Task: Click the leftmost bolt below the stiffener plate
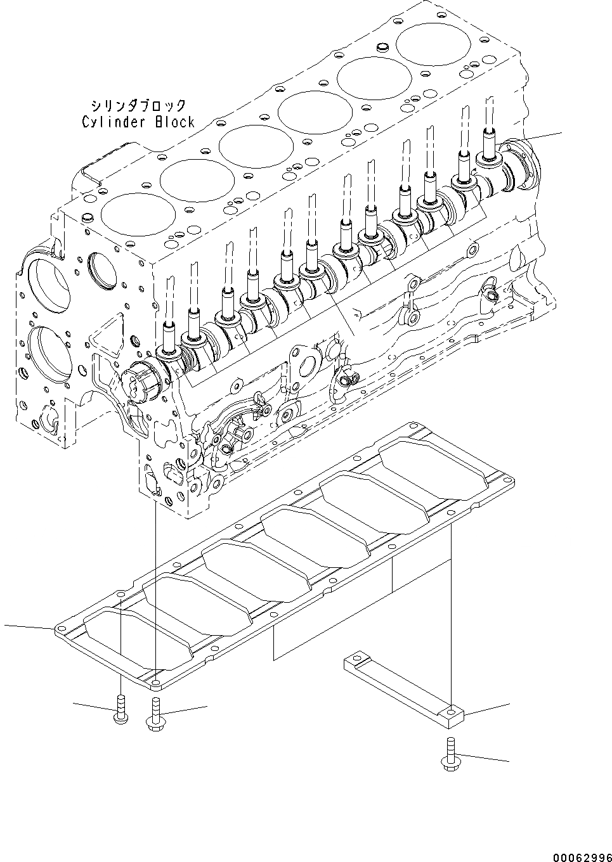pyautogui.click(x=120, y=707)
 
